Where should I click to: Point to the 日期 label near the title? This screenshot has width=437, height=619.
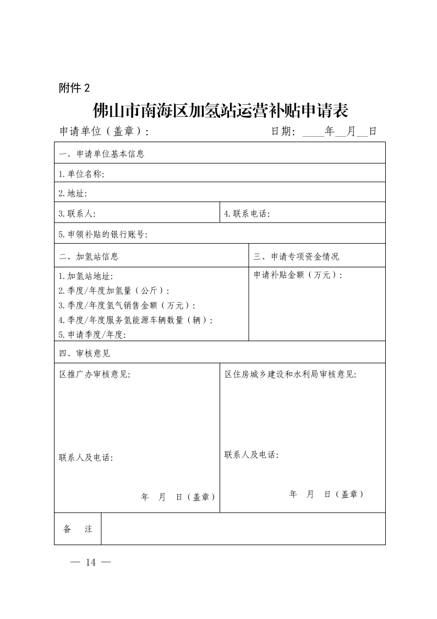[283, 132]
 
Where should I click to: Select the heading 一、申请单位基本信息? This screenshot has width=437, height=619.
[102, 154]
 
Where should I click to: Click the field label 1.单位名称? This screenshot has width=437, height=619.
[81, 174]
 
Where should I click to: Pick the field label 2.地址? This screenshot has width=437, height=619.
[73, 193]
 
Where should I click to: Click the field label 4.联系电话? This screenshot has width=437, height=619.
[247, 214]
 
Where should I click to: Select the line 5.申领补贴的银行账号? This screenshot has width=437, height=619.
[103, 234]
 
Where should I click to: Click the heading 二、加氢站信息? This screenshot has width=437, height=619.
[89, 256]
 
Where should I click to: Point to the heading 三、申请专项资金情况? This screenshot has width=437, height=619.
[296, 256]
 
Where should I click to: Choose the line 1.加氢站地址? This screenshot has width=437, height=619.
[85, 276]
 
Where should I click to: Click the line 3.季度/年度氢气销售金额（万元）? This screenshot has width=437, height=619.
[127, 305]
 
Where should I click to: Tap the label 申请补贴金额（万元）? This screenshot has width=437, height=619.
[298, 274]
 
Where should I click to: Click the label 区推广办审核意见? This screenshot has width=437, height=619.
[95, 374]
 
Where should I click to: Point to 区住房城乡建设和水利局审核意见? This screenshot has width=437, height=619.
[290, 374]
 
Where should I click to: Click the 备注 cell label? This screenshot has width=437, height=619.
[78, 529]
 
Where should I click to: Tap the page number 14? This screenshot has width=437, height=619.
[91, 562]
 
